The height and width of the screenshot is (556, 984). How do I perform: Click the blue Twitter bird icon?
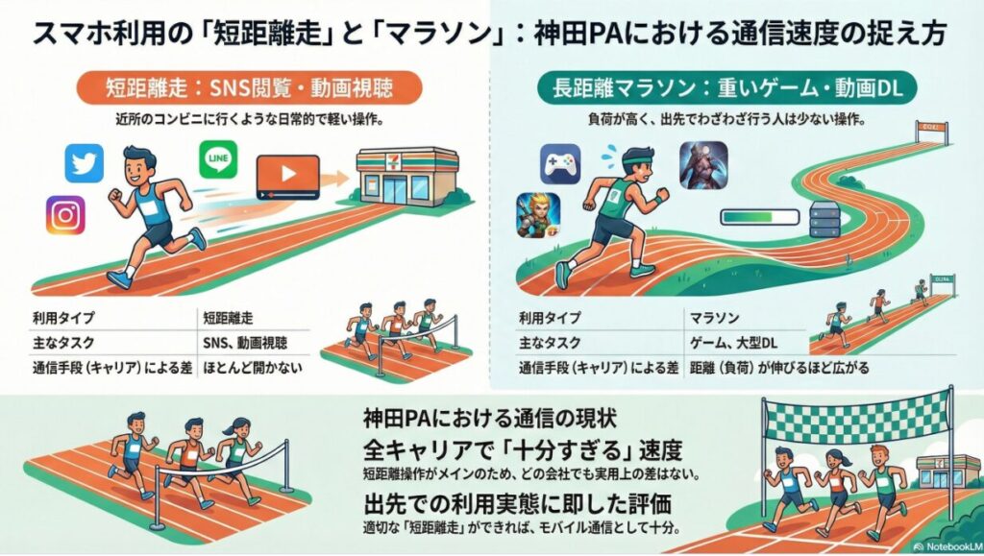click(84, 162)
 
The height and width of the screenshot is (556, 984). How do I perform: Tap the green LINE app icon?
click(218, 159)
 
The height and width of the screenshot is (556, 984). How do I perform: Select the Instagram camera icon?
click(65, 215)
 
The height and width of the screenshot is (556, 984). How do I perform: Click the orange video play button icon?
click(287, 179)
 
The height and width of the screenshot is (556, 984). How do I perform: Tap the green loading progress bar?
click(751, 217)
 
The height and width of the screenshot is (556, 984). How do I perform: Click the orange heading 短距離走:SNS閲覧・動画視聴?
click(248, 89)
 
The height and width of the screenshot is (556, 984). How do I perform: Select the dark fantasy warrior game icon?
click(703, 164)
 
